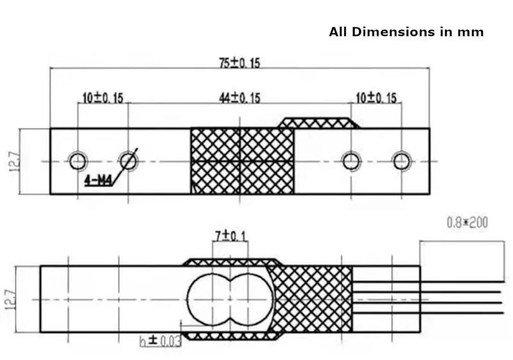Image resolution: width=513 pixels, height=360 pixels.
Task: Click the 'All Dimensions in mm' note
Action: pyautogui.click(x=406, y=32)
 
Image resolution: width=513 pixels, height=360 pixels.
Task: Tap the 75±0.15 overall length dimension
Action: pyautogui.click(x=239, y=63)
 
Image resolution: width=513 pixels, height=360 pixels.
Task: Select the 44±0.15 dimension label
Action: pyautogui.click(x=239, y=98)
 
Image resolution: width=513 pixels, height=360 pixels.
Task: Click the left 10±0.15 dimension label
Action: pyautogui.click(x=103, y=98)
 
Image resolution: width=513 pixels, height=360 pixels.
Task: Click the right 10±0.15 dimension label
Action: pyautogui.click(x=376, y=98)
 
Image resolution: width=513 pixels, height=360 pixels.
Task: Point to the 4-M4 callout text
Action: pyautogui.click(x=99, y=180)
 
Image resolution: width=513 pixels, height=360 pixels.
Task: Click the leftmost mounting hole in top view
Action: pyautogui.click(x=78, y=161)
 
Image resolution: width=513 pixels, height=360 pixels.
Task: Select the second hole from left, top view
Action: pyautogui.click(x=128, y=161)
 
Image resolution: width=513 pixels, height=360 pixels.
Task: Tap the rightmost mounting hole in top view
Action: pyautogui.click(x=402, y=161)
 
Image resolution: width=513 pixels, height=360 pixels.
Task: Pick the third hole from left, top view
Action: pyautogui.click(x=351, y=161)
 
